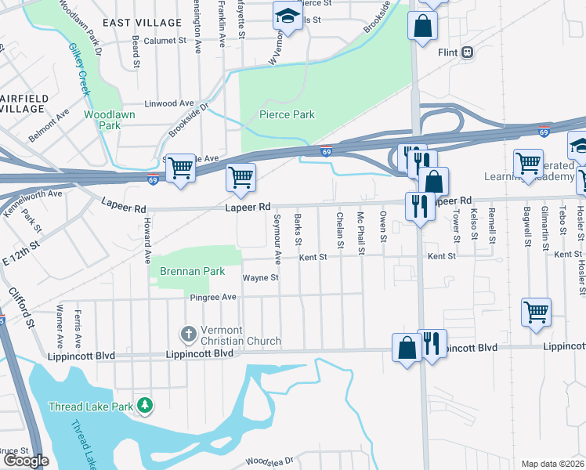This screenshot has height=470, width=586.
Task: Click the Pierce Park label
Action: tap(287, 114)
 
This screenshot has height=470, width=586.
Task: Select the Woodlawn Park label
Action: tap(110, 120)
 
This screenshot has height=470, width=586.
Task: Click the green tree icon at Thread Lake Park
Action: tap(144, 405)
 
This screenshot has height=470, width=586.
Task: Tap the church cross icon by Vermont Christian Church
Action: tap(188, 334)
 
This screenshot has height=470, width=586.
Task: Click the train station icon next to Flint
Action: tap(468, 52)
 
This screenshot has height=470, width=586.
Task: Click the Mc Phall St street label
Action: tap(360, 233)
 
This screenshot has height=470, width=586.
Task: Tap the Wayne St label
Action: tap(261, 278)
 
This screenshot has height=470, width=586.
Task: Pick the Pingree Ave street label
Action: tap(212, 297)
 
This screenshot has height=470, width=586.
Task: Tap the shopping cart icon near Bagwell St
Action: tap(537, 311)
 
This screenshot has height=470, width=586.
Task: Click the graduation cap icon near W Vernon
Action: tap(287, 16)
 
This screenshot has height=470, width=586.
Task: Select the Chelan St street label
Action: tap(340, 230)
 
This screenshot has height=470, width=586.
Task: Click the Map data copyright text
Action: tap(552, 464)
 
